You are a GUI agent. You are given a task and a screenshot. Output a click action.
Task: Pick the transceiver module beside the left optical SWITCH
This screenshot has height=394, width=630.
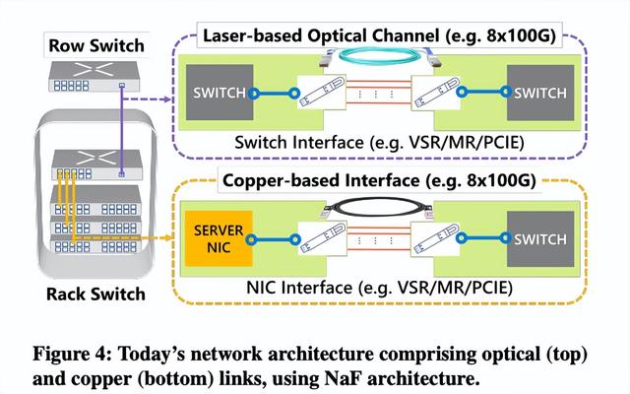pyautogui.click(x=320, y=95)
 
